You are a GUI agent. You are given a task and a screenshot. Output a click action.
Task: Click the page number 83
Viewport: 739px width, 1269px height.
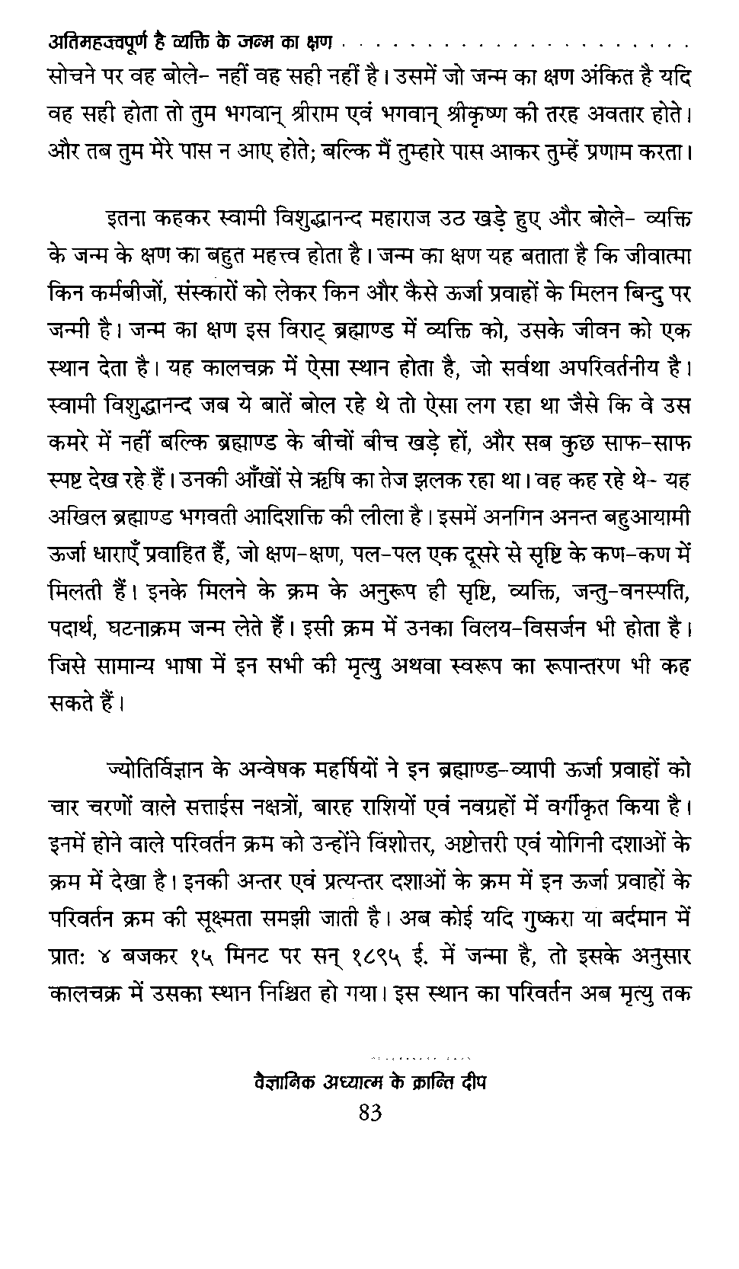click(x=369, y=1113)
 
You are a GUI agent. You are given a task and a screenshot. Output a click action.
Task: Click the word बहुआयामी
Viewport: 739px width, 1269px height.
click(x=646, y=519)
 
